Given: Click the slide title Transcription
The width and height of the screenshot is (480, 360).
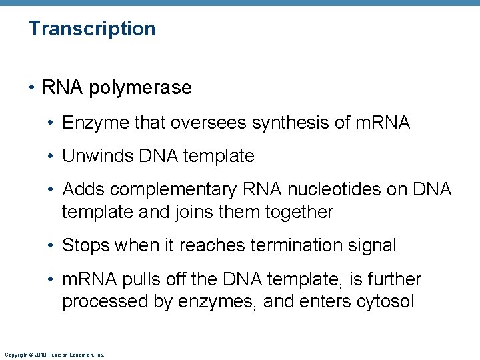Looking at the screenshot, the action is coord(92,29).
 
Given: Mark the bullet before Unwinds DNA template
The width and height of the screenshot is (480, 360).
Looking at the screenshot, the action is coord(53,156).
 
